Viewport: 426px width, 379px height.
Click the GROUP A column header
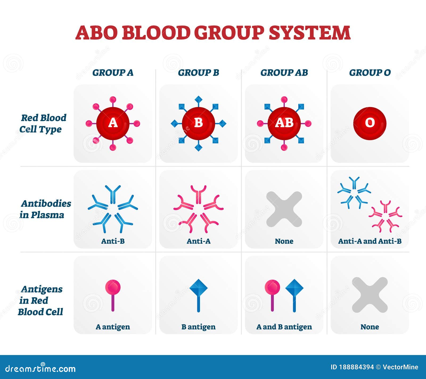[113, 72]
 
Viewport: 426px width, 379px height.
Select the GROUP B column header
[198, 72]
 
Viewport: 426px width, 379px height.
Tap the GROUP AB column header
[284, 72]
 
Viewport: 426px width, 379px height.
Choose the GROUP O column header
[370, 72]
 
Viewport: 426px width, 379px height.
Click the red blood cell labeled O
[370, 123]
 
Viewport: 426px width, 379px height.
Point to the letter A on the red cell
[113, 123]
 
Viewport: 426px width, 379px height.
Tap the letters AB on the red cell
[284, 123]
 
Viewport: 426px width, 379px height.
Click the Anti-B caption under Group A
[113, 241]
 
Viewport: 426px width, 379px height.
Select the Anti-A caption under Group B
[199, 241]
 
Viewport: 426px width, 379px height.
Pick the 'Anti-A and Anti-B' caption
[370, 241]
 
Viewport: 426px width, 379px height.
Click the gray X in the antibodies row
[284, 209]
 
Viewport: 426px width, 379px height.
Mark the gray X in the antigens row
[370, 295]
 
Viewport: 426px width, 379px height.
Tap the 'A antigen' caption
[113, 327]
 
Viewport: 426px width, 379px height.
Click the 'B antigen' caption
[199, 327]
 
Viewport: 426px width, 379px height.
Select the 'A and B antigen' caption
[284, 327]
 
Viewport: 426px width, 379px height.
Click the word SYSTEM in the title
[309, 32]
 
